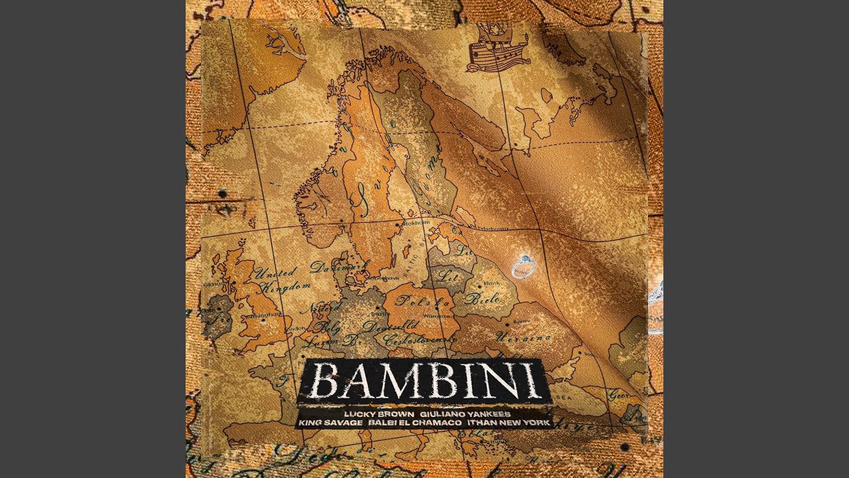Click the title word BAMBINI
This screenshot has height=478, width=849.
tap(424, 382)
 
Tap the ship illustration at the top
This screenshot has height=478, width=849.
tap(495, 49)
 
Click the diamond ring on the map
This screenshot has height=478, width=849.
tap(523, 266)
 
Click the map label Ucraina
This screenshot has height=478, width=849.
tap(524, 338)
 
